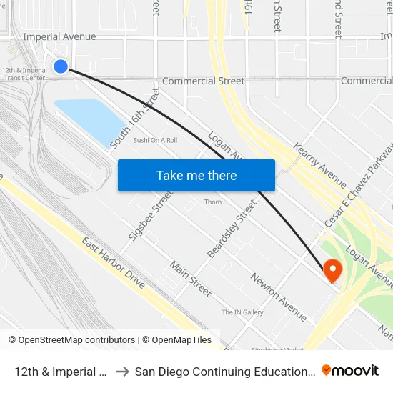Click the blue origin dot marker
click(x=61, y=66)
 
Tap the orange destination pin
click(x=332, y=269)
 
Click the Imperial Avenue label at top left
click(x=59, y=36)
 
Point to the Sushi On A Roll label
click(x=155, y=140)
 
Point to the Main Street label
click(x=191, y=279)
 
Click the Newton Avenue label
click(x=278, y=297)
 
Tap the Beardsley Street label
click(x=232, y=229)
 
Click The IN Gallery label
click(x=242, y=312)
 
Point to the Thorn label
click(x=213, y=202)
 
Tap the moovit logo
click(x=350, y=371)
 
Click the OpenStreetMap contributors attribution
click(x=71, y=340)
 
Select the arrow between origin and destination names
click(x=121, y=372)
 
